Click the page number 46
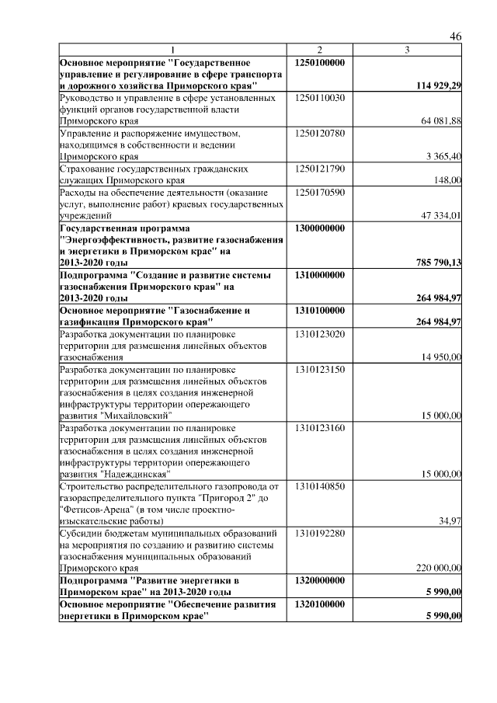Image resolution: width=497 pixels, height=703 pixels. (x=456, y=37)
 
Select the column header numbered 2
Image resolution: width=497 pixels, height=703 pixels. (x=319, y=50)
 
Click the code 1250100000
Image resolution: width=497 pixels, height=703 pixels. (x=321, y=62)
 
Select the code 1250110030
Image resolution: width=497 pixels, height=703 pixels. (x=320, y=98)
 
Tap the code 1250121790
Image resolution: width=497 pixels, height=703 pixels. (x=320, y=169)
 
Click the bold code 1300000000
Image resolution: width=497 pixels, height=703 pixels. (x=321, y=228)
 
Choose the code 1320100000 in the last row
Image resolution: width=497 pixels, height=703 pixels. (x=321, y=604)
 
